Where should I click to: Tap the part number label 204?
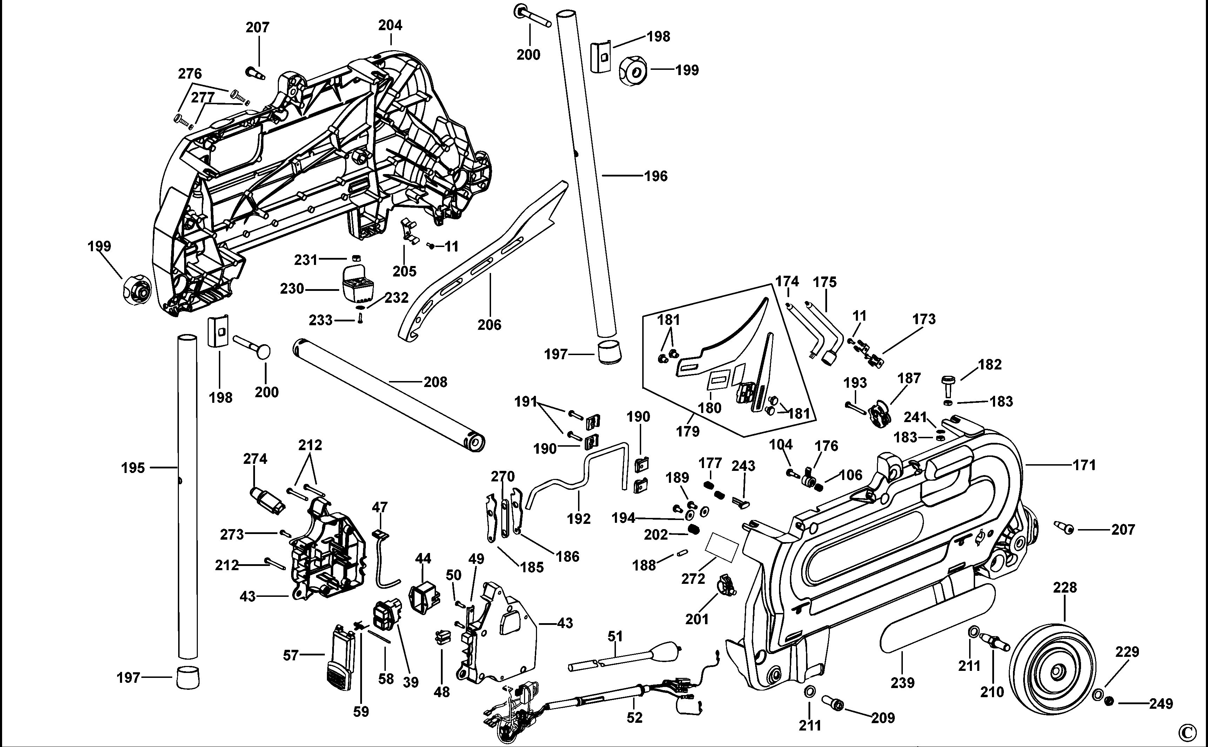point(390,25)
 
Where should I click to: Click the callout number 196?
point(656,176)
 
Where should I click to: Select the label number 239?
point(902,683)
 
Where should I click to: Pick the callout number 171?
point(1084,465)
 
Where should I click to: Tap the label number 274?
point(255,459)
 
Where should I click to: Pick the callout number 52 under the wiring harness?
point(634,718)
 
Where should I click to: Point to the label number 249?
point(1161,703)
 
